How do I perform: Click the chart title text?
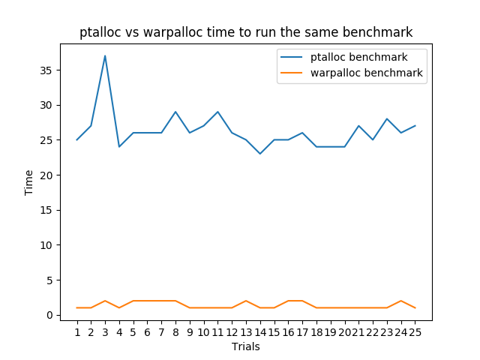[246, 32]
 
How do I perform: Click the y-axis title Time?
[29, 182]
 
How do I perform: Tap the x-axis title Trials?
[247, 347]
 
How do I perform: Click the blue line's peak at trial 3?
[105, 55]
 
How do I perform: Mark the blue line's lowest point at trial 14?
[260, 154]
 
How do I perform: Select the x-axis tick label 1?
[77, 332]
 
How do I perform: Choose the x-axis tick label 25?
[415, 332]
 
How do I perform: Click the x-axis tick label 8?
[175, 332]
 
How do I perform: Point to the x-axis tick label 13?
[246, 332]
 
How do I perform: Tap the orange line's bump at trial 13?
[246, 301]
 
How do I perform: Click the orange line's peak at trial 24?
[401, 301]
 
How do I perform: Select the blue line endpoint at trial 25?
[415, 126]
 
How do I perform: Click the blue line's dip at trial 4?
[119, 147]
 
